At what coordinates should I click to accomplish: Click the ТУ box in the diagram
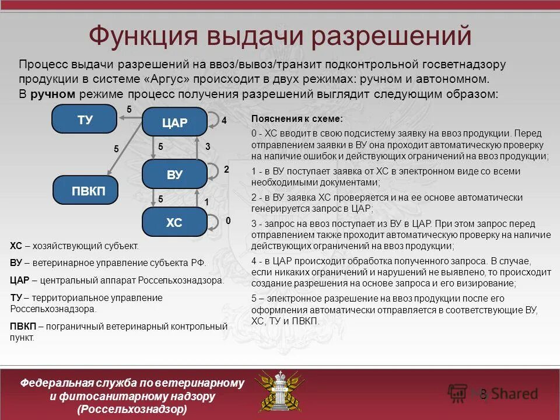[x=85, y=120]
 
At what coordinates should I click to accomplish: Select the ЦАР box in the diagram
[x=174, y=123]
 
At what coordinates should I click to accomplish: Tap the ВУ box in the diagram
[x=174, y=174]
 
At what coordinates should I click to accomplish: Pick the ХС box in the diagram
[x=174, y=222]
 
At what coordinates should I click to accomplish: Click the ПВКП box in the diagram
[x=85, y=191]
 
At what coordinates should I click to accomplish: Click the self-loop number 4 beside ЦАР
[x=223, y=120]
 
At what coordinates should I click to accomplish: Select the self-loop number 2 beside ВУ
[x=227, y=169]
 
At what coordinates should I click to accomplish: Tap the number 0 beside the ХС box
[x=228, y=220]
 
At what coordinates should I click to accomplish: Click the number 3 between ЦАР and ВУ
[x=208, y=148]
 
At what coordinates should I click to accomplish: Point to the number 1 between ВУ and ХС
[x=206, y=202]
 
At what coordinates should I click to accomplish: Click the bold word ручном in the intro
[x=53, y=94]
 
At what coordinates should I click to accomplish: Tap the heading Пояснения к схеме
[x=297, y=118]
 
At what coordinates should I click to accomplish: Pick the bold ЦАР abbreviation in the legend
[x=20, y=280]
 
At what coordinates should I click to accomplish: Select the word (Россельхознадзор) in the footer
[x=132, y=409]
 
